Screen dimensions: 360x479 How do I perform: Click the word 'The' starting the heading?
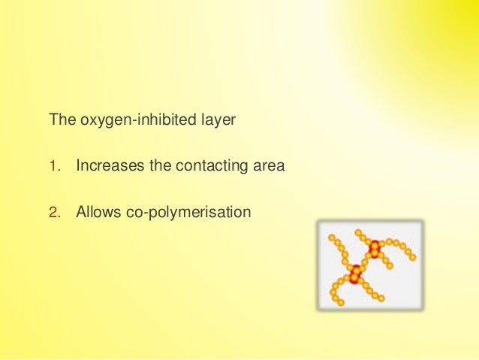(x=61, y=120)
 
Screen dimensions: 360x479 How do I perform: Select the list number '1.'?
(x=54, y=166)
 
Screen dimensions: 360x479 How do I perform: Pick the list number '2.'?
(x=54, y=213)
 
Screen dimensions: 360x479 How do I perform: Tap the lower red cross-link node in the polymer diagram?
(x=355, y=275)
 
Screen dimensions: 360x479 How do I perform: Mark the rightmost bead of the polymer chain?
(x=412, y=257)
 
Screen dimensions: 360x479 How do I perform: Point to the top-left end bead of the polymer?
(x=332, y=237)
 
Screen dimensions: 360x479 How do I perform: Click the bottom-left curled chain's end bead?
(x=341, y=302)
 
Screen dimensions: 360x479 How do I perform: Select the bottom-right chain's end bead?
(x=381, y=298)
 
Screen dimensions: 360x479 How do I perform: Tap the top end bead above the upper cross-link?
(x=359, y=232)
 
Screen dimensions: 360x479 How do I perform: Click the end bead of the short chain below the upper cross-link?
(x=390, y=266)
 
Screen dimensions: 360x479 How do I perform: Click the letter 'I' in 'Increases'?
(x=79, y=166)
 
